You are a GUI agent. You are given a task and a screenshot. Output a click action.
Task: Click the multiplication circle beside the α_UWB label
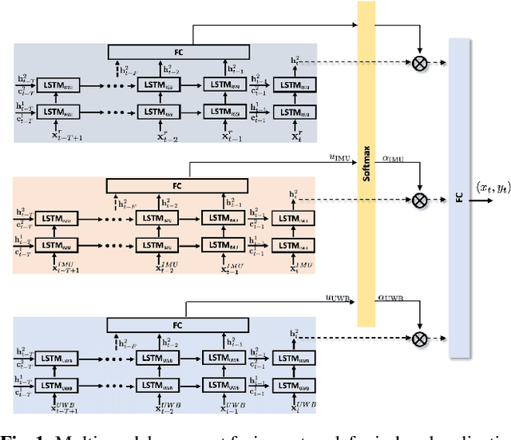(419, 339)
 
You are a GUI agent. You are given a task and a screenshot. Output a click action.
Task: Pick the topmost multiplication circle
(419, 59)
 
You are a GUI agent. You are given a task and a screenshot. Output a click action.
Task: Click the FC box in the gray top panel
(179, 52)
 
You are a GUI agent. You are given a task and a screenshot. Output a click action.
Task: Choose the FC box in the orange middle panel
(179, 186)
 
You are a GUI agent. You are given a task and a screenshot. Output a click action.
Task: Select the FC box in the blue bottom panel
(179, 324)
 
